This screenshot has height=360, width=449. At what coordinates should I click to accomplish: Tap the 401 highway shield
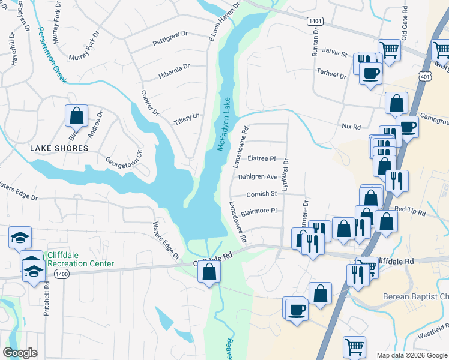coord(425,77)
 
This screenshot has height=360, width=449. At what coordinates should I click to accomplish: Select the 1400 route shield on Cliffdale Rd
coord(61,274)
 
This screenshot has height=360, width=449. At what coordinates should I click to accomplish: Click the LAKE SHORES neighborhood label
coord(60,148)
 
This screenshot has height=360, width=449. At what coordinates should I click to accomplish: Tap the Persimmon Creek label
coord(51,55)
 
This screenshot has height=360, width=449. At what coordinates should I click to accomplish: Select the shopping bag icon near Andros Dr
coord(76,115)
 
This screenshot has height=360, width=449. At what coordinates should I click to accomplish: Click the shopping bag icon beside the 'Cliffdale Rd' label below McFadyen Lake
coord(208,272)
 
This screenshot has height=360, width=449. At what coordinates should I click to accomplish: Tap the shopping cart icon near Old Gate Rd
coord(390,50)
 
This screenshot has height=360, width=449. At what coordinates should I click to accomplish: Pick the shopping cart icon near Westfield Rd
coord(354,347)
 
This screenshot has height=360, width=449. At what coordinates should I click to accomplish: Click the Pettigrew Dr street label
coord(170,42)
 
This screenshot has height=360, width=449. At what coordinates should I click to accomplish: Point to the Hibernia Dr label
coord(174,70)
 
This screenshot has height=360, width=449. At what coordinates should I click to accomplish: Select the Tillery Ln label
coord(186,118)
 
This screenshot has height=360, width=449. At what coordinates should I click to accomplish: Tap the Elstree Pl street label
coord(261,159)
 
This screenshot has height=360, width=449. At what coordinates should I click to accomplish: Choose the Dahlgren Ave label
coord(258,177)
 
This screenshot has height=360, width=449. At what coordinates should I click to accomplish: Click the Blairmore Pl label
coord(258,211)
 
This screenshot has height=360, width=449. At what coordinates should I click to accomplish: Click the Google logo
coord(20,353)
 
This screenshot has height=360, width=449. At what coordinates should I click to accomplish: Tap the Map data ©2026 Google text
coord(411,355)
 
